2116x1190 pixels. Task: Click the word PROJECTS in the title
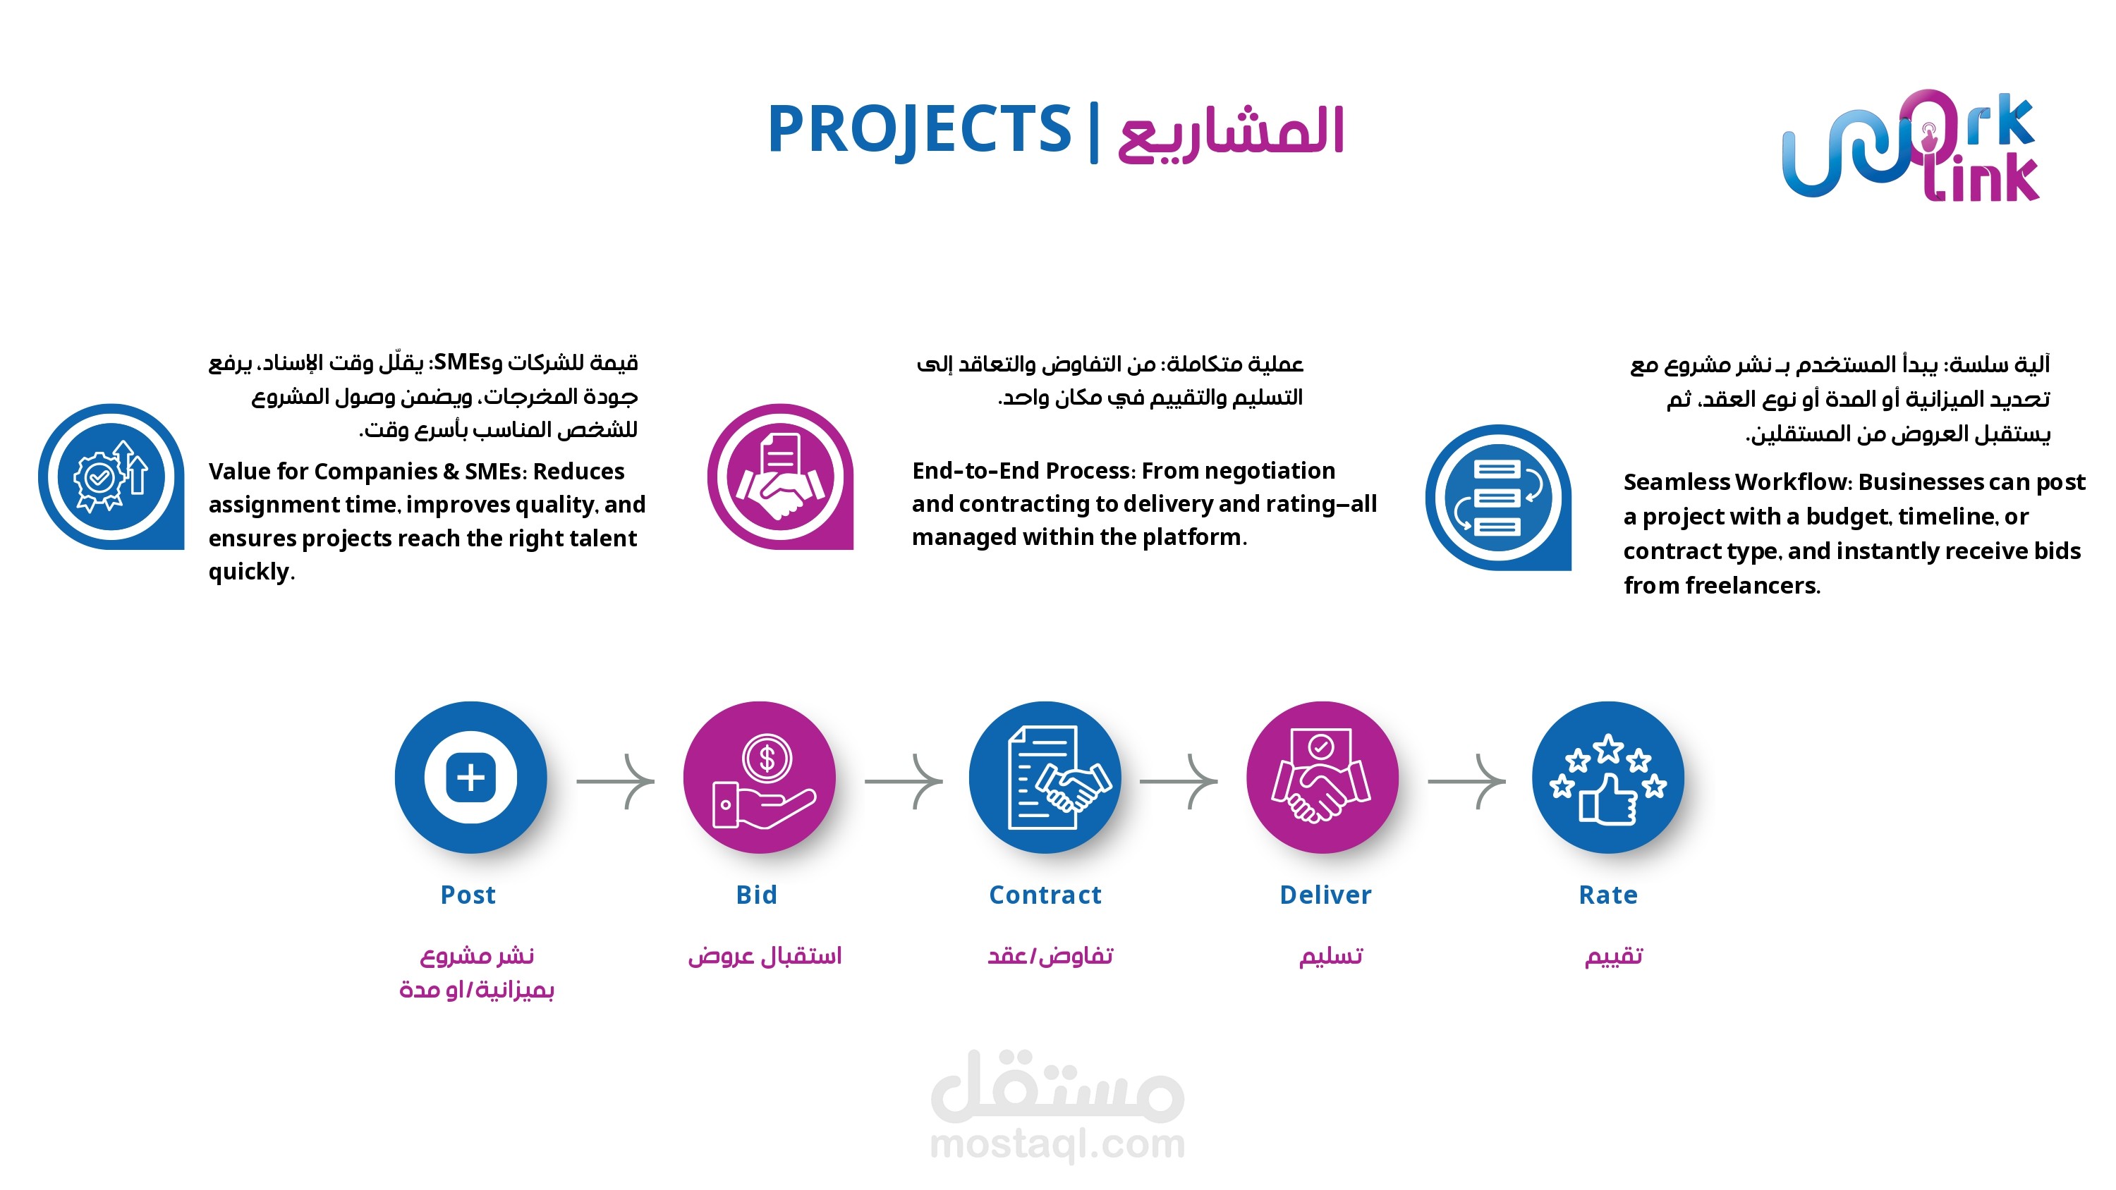tap(919, 130)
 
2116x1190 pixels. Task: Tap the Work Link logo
tap(1911, 145)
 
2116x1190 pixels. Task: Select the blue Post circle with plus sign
tap(470, 777)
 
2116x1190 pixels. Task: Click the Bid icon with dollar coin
tap(759, 777)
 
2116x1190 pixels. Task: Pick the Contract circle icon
tap(1045, 777)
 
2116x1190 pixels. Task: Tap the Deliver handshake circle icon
tap(1322, 777)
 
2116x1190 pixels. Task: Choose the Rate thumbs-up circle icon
tap(1607, 777)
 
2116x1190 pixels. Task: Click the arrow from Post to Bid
tap(615, 781)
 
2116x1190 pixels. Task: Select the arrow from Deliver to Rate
tap(1467, 781)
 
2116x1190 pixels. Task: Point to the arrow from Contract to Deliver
tap(1179, 781)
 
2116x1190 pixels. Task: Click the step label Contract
tap(1045, 895)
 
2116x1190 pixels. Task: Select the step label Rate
tap(1607, 895)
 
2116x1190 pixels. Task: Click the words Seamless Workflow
tap(1735, 482)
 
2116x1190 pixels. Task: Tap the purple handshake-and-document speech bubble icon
tap(780, 477)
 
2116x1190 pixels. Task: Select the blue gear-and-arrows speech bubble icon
tap(111, 477)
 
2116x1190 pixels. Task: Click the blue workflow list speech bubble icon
tap(1498, 497)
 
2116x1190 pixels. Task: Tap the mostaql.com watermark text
tap(1057, 1145)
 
